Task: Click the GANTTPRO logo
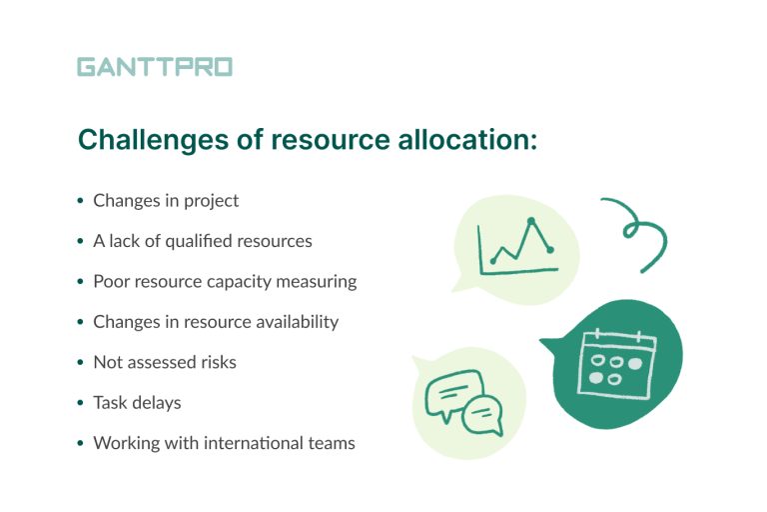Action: coord(154,67)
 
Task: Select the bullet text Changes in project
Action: coord(166,200)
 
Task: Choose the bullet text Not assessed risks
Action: coord(165,362)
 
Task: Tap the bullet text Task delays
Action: coord(137,402)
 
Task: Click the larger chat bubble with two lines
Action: coord(452,392)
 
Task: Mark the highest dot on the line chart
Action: coord(531,220)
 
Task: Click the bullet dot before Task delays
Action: coord(80,403)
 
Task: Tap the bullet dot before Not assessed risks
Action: coord(80,363)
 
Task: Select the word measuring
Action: coord(318,281)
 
